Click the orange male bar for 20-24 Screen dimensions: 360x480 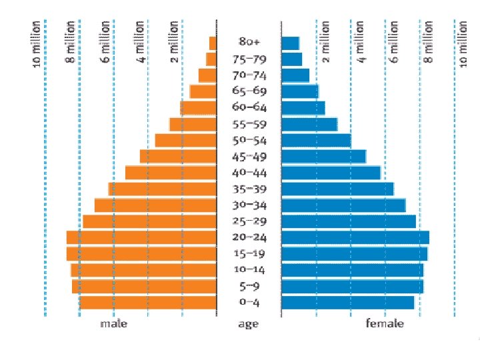pyautogui.click(x=141, y=237)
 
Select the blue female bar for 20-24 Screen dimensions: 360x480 pyautogui.click(x=355, y=237)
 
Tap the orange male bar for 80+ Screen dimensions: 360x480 pyautogui.click(x=213, y=43)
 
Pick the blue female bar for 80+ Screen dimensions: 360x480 pyautogui.click(x=291, y=43)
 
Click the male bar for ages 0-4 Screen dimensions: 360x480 pyautogui.click(x=148, y=302)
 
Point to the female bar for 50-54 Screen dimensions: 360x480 pyautogui.click(x=316, y=140)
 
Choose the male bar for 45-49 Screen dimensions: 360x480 pyautogui.click(x=178, y=157)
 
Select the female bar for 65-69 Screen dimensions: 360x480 pyautogui.click(x=300, y=92)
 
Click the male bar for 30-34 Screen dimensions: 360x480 pyautogui.click(x=155, y=205)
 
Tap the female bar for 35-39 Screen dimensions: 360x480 pyautogui.click(x=337, y=189)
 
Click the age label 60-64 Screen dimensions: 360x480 pyautogui.click(x=249, y=108)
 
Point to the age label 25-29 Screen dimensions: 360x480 pyautogui.click(x=249, y=221)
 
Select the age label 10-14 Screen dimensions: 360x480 pyautogui.click(x=249, y=270)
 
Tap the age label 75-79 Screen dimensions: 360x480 pyautogui.click(x=249, y=59)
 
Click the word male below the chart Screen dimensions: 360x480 pyautogui.click(x=113, y=324)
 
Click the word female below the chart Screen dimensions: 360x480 pyautogui.click(x=385, y=324)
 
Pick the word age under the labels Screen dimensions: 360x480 pyautogui.click(x=249, y=325)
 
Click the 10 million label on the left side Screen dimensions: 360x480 pyautogui.click(x=37, y=43)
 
